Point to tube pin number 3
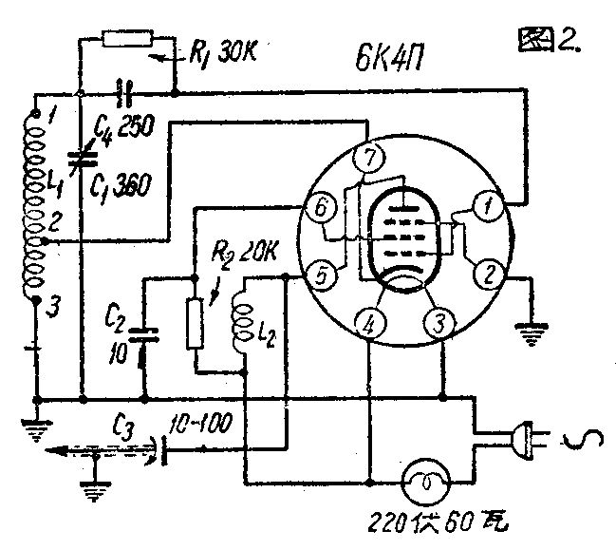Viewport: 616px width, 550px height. [x=439, y=324]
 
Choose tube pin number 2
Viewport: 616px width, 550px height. [x=489, y=276]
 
